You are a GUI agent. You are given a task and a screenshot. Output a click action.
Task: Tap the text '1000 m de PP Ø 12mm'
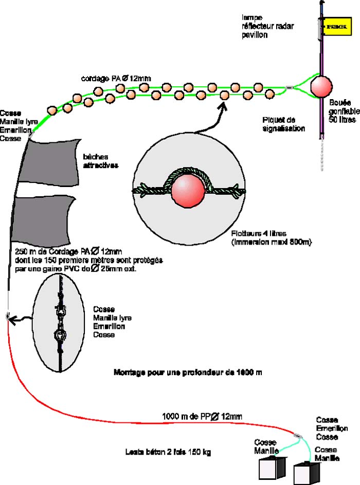tap(202, 416)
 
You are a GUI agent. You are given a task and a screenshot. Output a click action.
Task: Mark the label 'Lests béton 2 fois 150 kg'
tap(169, 453)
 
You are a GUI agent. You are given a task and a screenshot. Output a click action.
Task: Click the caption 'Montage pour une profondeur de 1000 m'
tap(188, 371)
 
